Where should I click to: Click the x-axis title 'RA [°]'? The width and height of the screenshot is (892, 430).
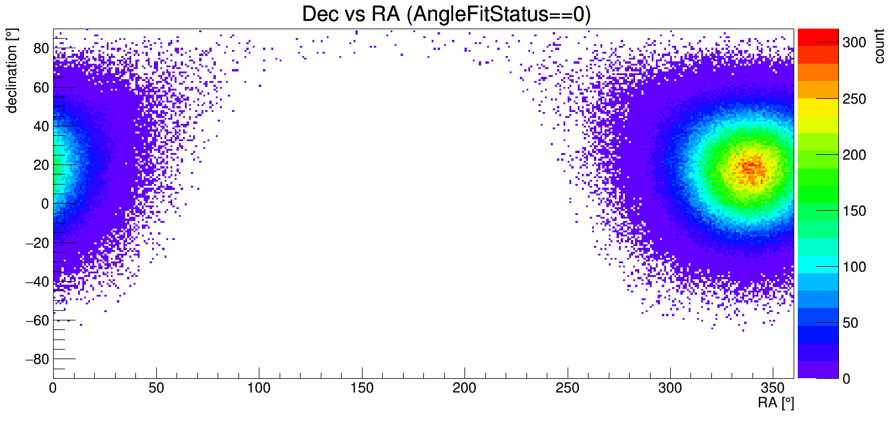pos(776,403)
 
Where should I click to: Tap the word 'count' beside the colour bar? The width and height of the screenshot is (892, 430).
pos(879,48)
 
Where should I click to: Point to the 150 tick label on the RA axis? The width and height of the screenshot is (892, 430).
pos(362,388)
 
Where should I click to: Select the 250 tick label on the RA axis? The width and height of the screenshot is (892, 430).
pos(568,388)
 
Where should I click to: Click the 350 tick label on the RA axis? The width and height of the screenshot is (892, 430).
pos(773,388)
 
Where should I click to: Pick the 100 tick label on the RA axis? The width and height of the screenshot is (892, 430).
pos(259,388)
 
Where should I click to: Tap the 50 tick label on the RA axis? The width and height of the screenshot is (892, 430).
pos(156,388)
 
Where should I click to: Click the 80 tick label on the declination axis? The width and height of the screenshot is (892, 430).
pos(41,48)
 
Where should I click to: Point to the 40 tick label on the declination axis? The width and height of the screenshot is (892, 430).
pos(41,126)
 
